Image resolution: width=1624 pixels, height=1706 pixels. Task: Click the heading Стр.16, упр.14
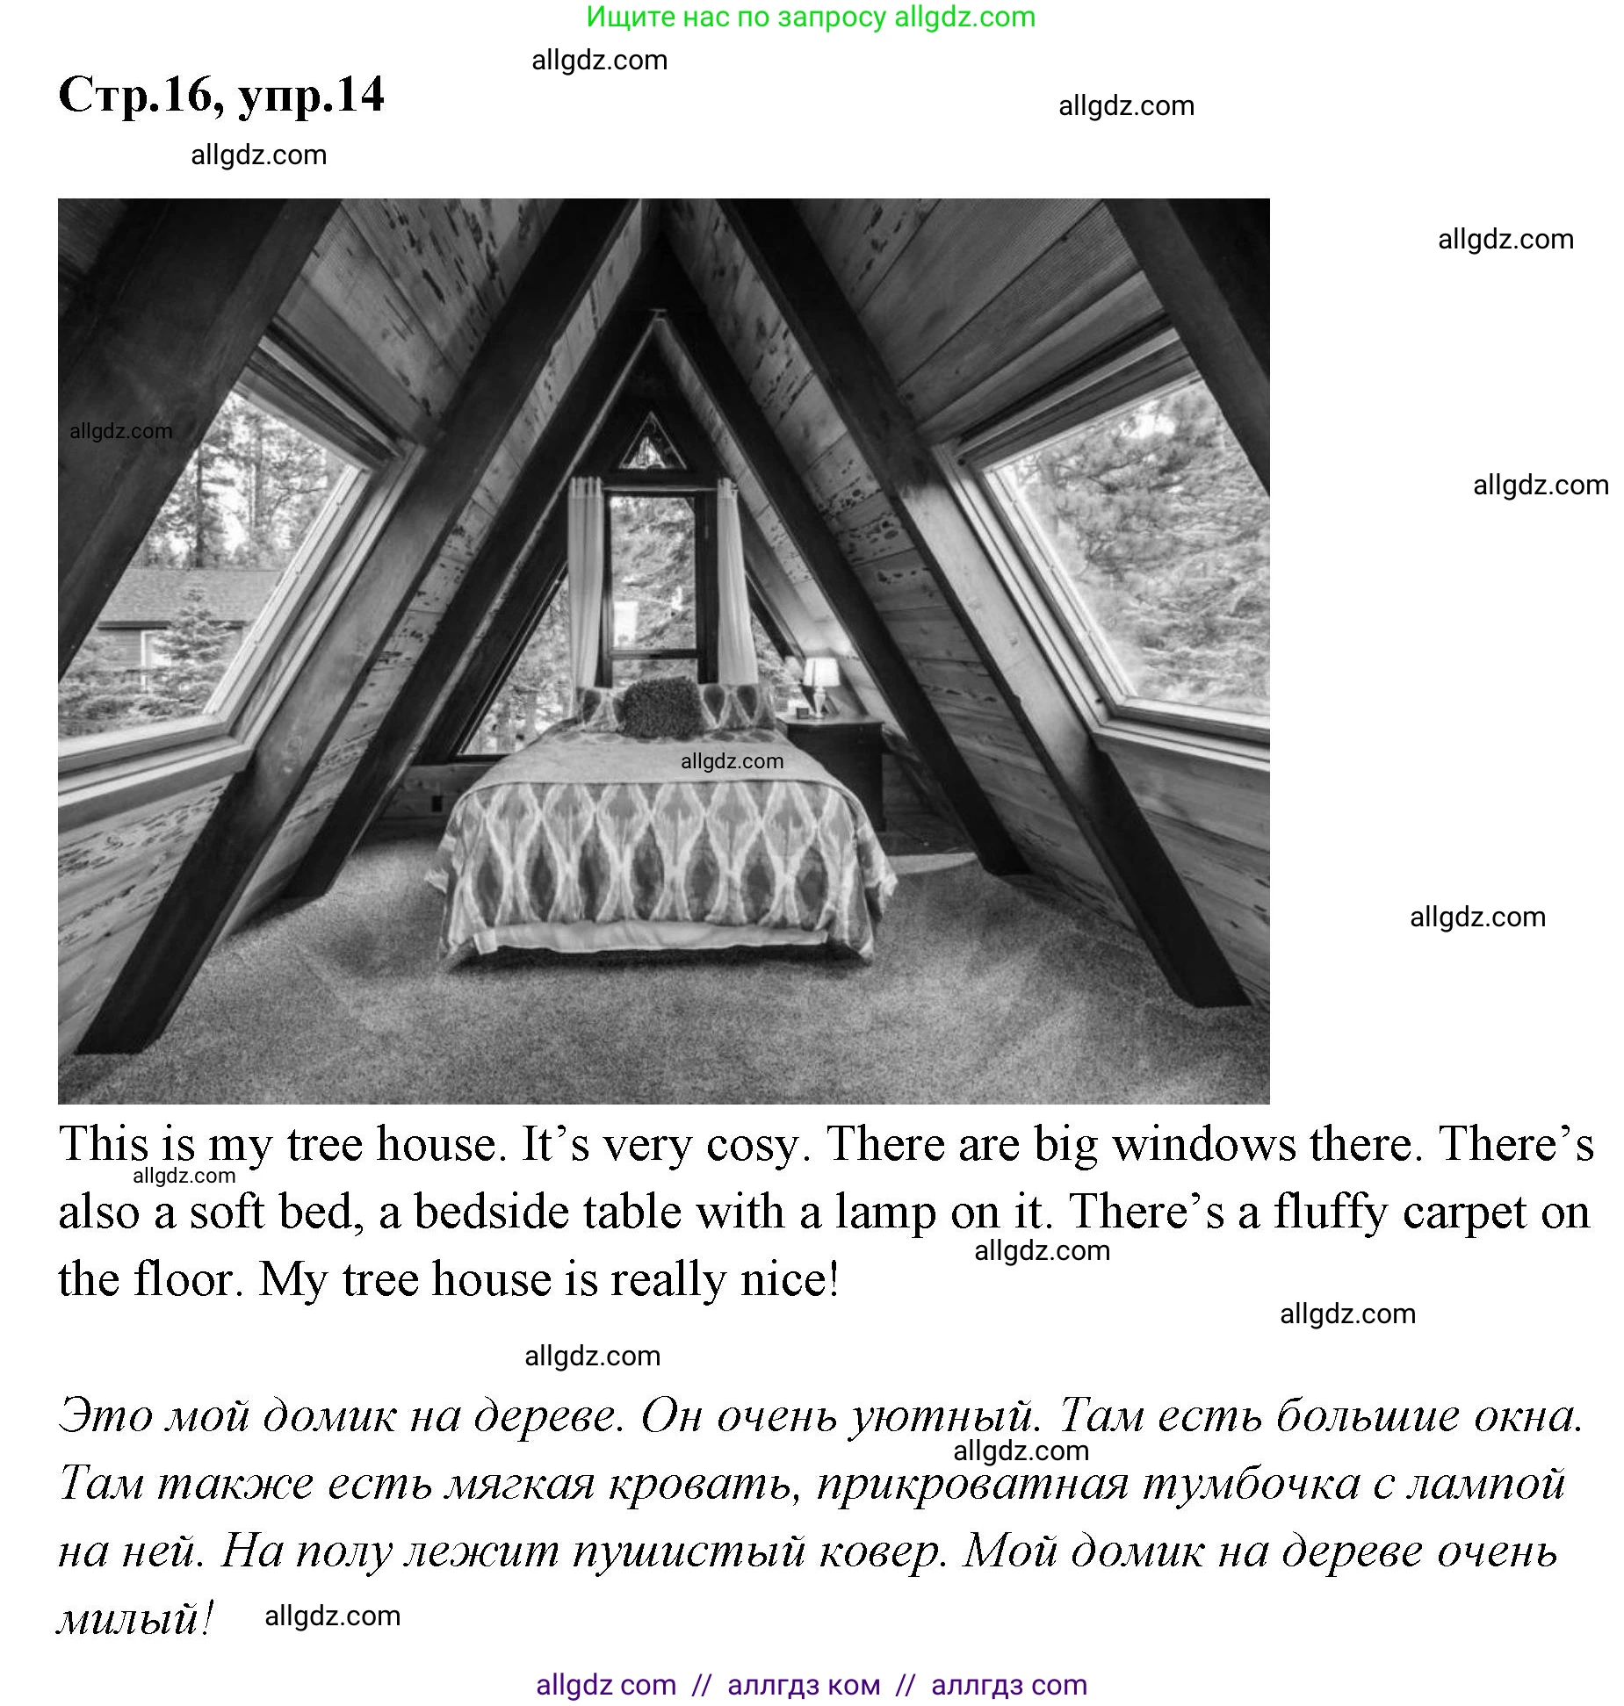[220, 95]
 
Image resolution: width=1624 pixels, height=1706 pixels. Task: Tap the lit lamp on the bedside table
[820, 676]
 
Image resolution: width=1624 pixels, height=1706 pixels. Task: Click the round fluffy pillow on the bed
[661, 707]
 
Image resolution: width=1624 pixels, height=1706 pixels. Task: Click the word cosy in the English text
[754, 1145]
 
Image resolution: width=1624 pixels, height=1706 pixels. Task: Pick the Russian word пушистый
[689, 1551]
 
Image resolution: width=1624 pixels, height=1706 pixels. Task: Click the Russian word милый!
[135, 1617]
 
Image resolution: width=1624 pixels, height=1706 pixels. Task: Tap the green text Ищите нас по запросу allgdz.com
[811, 17]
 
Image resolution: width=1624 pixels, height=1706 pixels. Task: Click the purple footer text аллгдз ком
[804, 1685]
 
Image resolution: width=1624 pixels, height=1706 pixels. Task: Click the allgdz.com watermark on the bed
[732, 761]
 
